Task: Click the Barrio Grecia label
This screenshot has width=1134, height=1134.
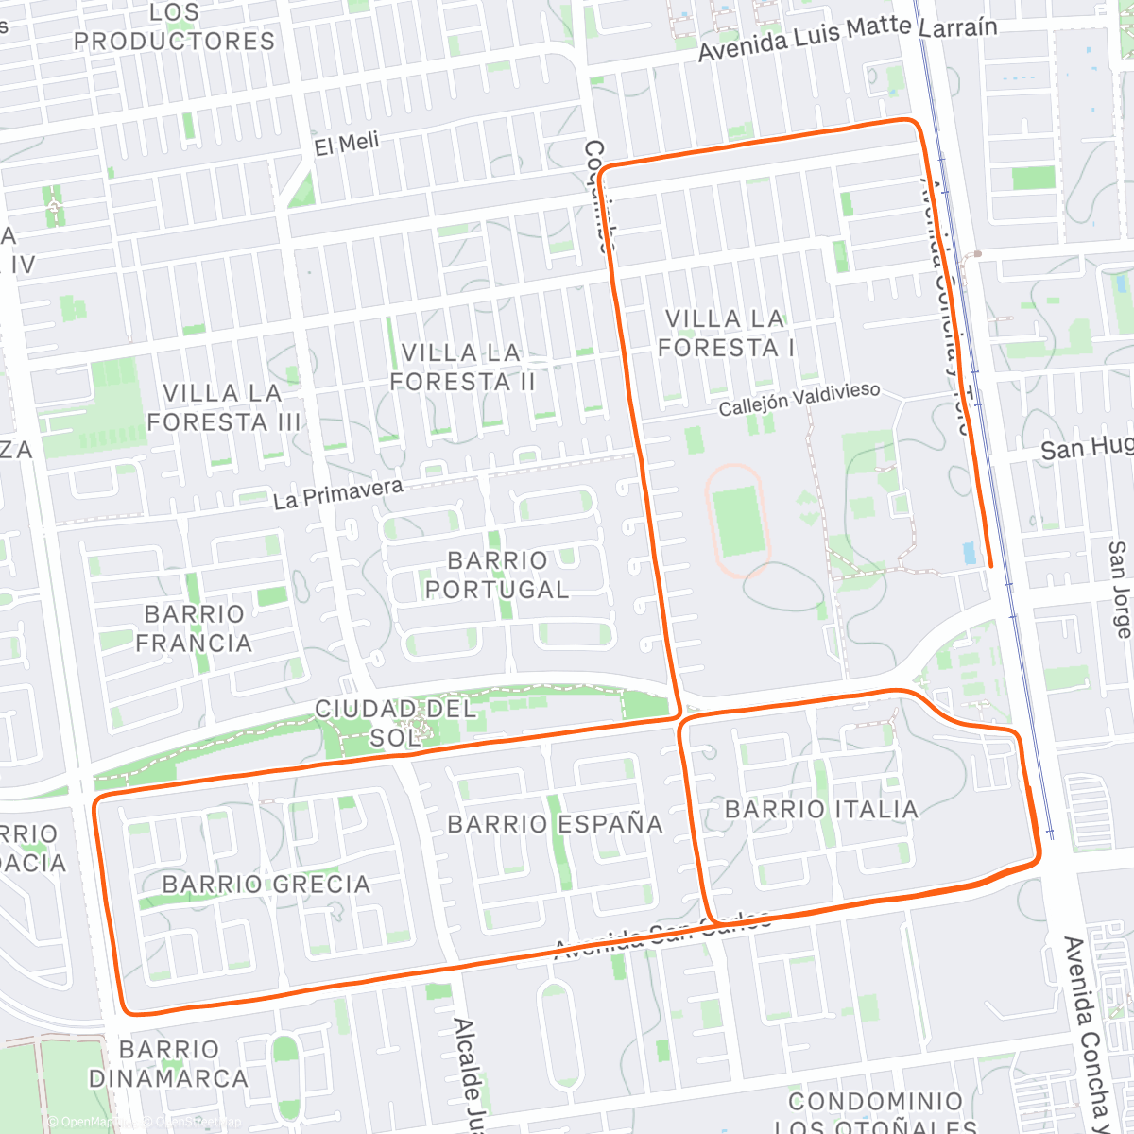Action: (266, 885)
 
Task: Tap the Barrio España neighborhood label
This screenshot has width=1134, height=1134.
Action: (555, 824)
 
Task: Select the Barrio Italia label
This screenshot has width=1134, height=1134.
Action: (820, 809)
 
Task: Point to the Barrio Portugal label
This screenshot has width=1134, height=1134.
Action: (497, 575)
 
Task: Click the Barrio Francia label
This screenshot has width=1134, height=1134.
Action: (194, 628)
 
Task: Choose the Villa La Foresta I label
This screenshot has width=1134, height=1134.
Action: (726, 334)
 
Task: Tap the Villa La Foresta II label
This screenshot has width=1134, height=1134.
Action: (462, 368)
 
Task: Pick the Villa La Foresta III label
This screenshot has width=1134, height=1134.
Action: (223, 407)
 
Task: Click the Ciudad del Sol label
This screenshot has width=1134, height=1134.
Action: (395, 723)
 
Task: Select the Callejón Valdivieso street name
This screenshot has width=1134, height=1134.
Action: (799, 399)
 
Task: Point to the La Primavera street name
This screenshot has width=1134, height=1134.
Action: (337, 493)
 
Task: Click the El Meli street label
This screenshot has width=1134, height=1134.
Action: (347, 145)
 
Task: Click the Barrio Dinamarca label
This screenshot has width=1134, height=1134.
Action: (168, 1064)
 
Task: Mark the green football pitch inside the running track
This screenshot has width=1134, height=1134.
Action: (737, 521)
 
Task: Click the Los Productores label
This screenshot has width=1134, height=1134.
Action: (175, 27)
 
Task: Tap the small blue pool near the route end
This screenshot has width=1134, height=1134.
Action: (970, 553)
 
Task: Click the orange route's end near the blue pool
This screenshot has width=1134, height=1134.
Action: (990, 565)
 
